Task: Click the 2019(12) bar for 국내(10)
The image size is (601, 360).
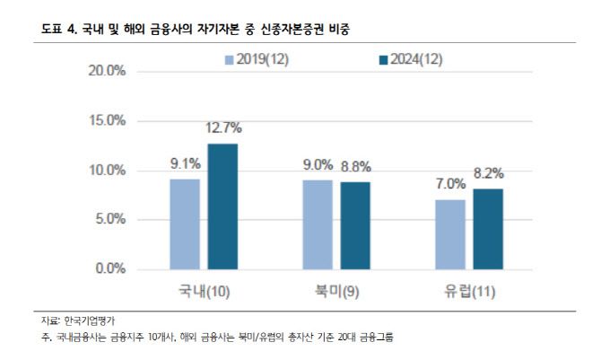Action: point(185,224)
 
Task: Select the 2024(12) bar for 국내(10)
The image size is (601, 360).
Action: point(222,206)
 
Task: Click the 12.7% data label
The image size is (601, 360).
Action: point(223,128)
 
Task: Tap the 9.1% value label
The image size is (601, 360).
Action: point(185,164)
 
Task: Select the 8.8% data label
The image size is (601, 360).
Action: point(355,166)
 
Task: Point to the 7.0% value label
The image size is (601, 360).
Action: point(451,184)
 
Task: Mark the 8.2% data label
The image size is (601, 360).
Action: point(489,173)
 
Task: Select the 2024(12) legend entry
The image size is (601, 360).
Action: point(412,59)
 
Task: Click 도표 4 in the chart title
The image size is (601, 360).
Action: point(59,30)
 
